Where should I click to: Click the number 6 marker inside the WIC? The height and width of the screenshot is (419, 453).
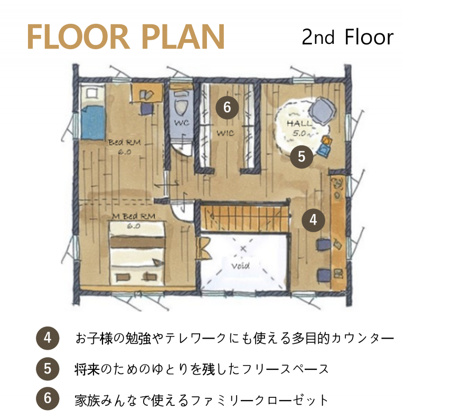pyautogui.click(x=227, y=107)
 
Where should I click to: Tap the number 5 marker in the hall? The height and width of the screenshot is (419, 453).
pyautogui.click(x=301, y=157)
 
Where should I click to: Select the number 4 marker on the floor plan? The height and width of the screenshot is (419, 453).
pyautogui.click(x=313, y=220)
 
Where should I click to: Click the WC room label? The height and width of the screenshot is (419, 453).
pyautogui.click(x=182, y=123)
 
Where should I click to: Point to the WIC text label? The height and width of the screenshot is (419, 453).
pyautogui.click(x=225, y=133)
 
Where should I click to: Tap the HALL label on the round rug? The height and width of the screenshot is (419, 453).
pyautogui.click(x=299, y=124)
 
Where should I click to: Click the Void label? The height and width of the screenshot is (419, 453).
pyautogui.click(x=240, y=265)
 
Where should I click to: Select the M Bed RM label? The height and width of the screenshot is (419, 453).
pyautogui.click(x=134, y=216)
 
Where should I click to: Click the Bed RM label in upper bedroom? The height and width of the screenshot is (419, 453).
pyautogui.click(x=125, y=142)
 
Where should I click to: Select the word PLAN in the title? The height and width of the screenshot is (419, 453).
pyautogui.click(x=184, y=37)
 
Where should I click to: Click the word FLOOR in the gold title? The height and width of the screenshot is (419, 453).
pyautogui.click(x=78, y=37)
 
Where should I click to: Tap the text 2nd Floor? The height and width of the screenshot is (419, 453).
pyautogui.click(x=347, y=37)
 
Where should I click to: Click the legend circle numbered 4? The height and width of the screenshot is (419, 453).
pyautogui.click(x=48, y=338)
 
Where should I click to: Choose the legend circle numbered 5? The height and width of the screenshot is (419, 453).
pyautogui.click(x=48, y=369)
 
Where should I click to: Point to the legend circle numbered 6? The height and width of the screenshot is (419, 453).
pyautogui.click(x=48, y=398)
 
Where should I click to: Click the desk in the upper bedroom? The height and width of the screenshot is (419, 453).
pyautogui.click(x=147, y=92)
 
